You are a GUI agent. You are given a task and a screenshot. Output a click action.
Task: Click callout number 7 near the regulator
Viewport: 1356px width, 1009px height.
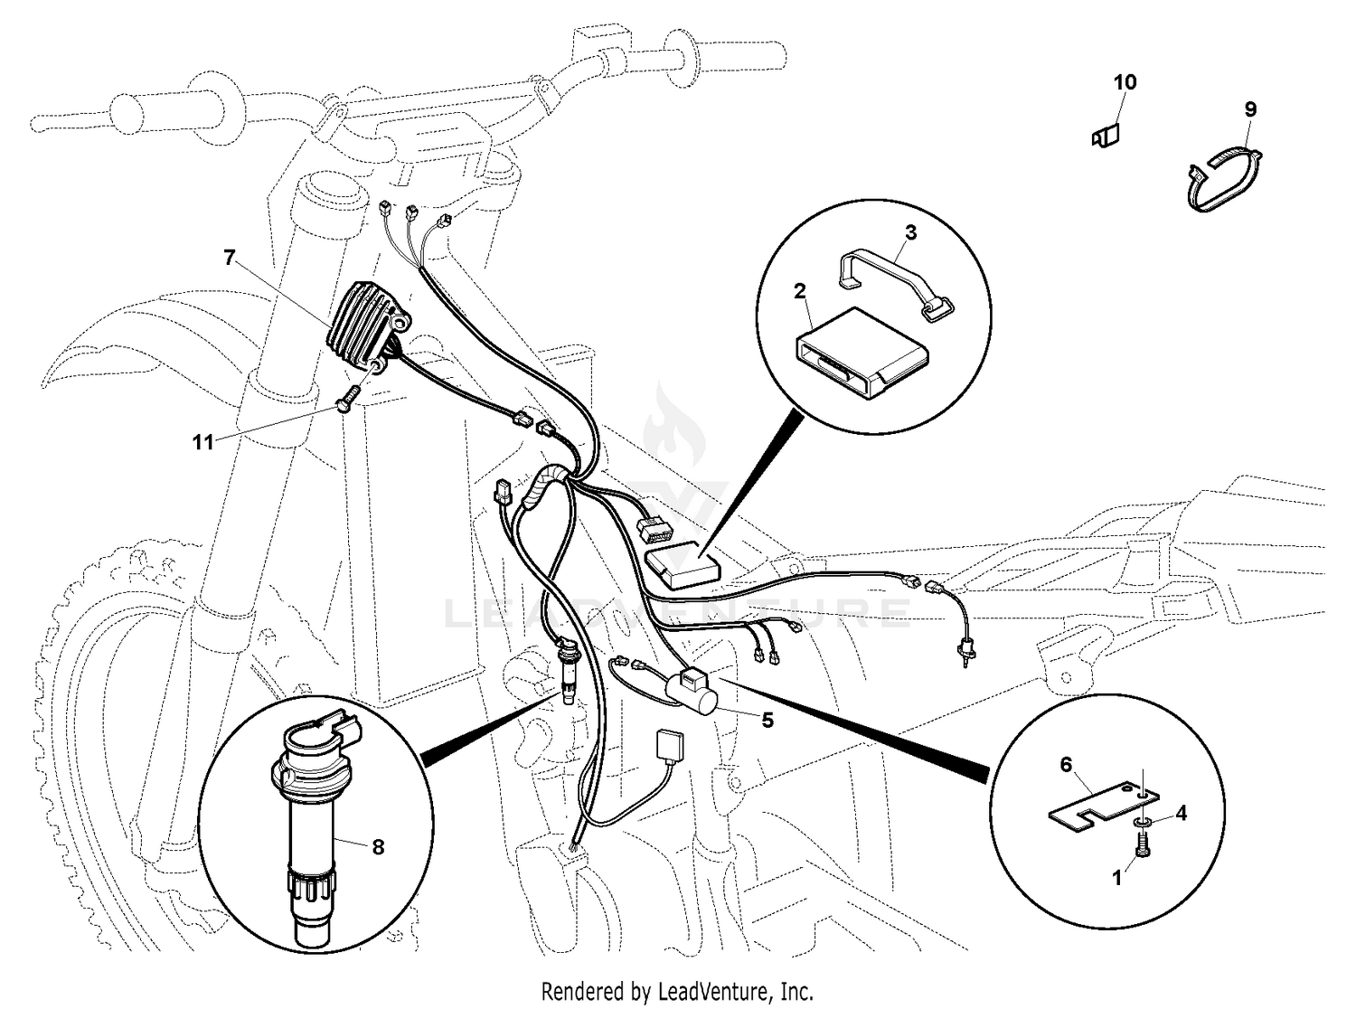click(x=230, y=258)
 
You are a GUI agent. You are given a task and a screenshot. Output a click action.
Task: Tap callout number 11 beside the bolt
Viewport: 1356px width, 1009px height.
click(x=202, y=442)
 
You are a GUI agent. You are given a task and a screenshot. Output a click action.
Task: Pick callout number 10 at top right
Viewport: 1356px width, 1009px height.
click(x=1125, y=82)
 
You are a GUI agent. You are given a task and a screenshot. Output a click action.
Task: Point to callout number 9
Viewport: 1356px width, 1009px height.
click(x=1250, y=109)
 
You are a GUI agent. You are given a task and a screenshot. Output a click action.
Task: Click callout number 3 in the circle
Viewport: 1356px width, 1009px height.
click(x=910, y=232)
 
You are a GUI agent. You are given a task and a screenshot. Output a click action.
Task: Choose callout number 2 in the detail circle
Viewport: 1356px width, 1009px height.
click(x=799, y=290)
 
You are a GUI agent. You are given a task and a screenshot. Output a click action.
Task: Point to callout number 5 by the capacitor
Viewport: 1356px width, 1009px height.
click(x=767, y=720)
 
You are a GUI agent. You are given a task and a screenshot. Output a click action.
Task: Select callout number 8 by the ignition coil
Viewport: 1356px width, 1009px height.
click(x=378, y=846)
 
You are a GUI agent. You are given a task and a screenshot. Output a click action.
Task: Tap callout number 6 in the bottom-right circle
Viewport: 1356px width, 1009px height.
click(x=1066, y=765)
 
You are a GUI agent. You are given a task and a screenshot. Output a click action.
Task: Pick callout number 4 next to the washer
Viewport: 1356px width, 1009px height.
click(x=1181, y=813)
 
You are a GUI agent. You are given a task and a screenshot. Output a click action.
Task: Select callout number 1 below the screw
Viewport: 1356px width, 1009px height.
click(x=1116, y=878)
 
